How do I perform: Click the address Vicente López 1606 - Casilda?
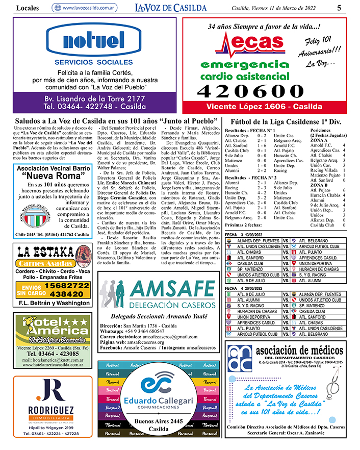point(264,107)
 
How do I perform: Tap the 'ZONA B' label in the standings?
point(320,185)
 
